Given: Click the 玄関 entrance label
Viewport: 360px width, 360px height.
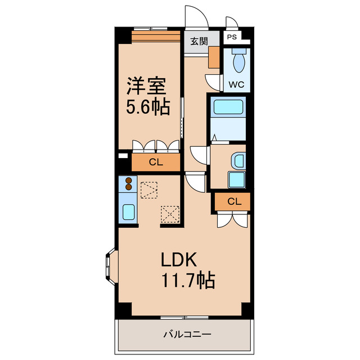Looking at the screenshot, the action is (199, 42).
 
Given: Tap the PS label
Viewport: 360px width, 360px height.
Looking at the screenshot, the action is (232, 37).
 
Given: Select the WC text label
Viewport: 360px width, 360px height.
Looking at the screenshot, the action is (236, 85).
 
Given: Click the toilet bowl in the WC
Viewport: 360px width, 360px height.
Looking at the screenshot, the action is (238, 61).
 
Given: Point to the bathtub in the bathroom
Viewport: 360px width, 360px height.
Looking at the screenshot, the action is (228, 107).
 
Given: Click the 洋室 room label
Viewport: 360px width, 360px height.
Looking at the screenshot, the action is (146, 86).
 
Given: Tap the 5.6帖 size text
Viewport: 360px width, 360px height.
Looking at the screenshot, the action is (148, 106).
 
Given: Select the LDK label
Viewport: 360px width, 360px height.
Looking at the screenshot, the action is (179, 259).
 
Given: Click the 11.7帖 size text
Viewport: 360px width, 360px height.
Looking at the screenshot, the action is (188, 280).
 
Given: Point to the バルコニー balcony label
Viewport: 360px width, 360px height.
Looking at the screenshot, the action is (187, 334).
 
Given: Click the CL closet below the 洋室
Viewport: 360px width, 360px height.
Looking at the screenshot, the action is (156, 163).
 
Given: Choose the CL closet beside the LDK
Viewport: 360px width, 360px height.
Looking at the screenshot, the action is (234, 201).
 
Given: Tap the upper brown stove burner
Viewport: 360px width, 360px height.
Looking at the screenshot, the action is (129, 181).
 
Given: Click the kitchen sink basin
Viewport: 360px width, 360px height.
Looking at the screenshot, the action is (128, 212).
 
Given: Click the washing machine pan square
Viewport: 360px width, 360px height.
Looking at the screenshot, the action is (237, 180).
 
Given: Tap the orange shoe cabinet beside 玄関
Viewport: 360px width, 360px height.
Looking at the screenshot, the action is (214, 57).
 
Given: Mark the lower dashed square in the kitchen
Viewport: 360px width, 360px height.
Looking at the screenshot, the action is (170, 214).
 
